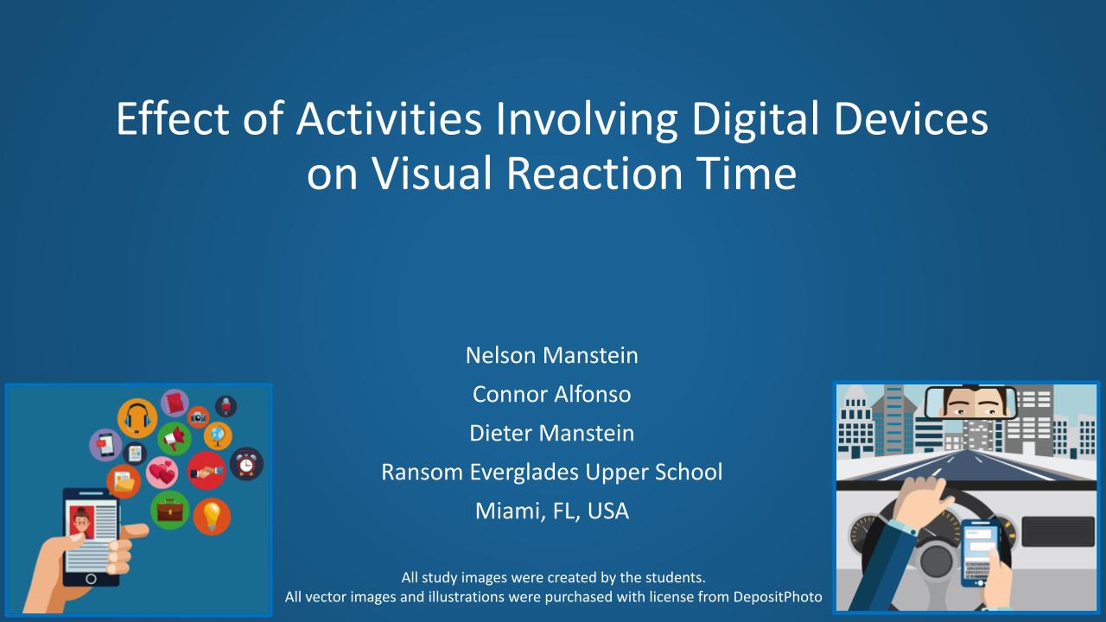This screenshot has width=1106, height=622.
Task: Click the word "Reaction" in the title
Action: coord(594,173)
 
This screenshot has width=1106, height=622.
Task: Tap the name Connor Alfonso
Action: coord(551,394)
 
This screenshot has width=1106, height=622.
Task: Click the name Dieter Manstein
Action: coord(551,433)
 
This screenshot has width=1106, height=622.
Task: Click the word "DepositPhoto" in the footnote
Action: coord(778,597)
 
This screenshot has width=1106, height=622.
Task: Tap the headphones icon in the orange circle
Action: coord(137,418)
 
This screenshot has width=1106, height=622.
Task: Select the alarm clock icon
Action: coord(246,464)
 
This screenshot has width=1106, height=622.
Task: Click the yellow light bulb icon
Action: coord(212,517)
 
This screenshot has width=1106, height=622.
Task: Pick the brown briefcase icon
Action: coord(169,511)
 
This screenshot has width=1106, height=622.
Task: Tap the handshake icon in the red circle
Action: coord(207,471)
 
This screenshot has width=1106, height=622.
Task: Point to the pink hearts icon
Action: coord(162,473)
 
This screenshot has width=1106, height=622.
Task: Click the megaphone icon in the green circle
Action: coord(174,438)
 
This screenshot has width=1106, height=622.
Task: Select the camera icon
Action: coord(198,417)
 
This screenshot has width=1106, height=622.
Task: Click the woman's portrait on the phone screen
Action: coord(81,522)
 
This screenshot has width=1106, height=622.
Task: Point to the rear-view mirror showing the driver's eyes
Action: coord(970,403)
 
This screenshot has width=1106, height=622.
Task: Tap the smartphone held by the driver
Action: coord(980,553)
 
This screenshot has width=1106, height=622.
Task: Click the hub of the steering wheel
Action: coord(936,562)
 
